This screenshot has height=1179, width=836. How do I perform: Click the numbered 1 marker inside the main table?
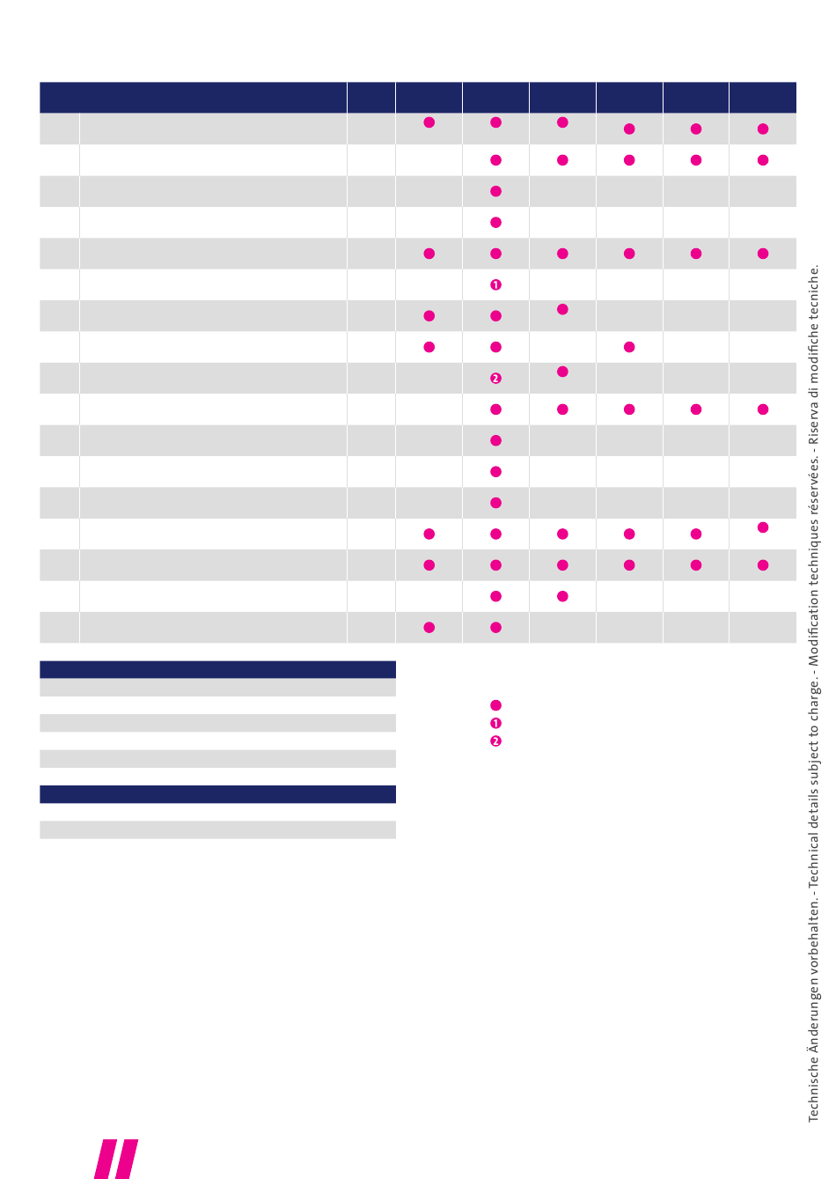495,284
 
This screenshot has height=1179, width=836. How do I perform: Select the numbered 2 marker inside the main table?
495,378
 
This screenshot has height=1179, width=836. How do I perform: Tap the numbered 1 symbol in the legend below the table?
495,723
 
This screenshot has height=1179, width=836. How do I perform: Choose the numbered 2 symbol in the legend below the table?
495,741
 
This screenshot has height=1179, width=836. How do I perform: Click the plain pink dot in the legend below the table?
495,705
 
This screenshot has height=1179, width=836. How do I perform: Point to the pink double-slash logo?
116,1159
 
